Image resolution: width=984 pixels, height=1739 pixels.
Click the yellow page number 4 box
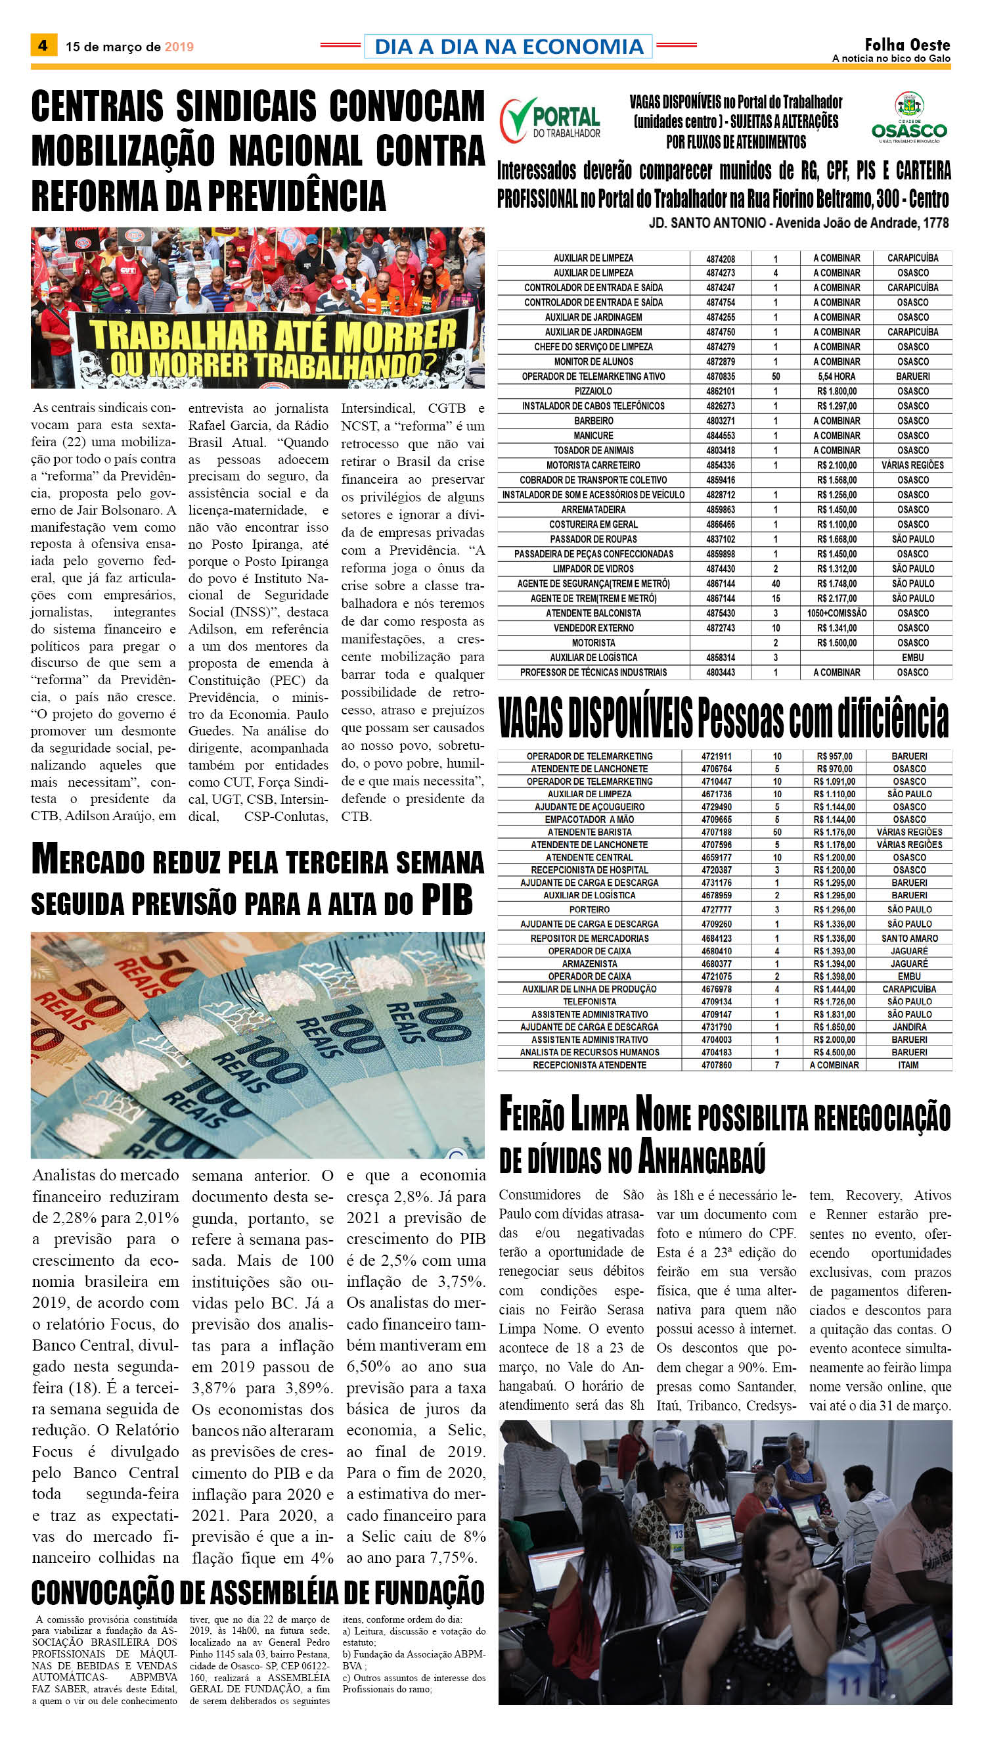tap(43, 45)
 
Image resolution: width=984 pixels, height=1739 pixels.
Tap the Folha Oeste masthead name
tap(907, 45)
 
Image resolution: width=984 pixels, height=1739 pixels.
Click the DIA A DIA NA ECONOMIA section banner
tap(508, 46)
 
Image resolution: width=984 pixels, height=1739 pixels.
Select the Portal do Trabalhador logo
tap(550, 120)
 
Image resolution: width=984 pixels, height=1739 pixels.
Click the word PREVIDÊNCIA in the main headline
tap(296, 195)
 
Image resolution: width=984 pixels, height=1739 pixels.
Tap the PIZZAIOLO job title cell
tap(593, 391)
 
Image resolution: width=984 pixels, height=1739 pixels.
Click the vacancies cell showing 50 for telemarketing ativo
tap(775, 376)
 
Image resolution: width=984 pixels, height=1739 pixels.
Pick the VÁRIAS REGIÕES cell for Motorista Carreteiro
tap(912, 465)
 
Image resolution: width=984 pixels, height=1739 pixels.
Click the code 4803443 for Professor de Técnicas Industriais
tap(721, 672)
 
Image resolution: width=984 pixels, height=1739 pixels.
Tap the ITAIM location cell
tap(908, 1065)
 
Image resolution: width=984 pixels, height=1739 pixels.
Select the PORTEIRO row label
tap(589, 910)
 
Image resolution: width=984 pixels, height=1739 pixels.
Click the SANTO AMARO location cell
tap(909, 939)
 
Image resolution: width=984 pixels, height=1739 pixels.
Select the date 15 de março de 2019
tap(130, 47)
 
